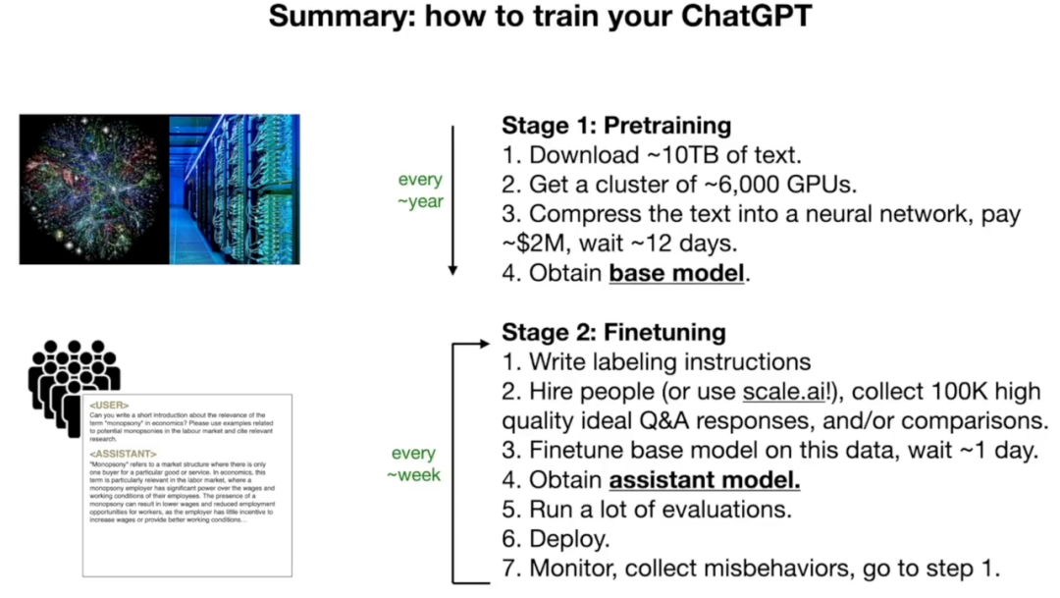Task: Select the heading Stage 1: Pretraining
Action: pos(616,126)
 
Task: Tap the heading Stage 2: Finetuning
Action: pos(613,332)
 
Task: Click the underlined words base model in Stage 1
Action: pos(677,273)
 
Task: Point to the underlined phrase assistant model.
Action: pos(705,481)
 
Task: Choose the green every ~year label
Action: pos(420,190)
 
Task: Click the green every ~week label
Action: pos(413,463)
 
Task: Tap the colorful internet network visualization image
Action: pos(94,190)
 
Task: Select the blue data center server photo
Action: pos(235,190)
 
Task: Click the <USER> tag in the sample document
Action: pos(109,405)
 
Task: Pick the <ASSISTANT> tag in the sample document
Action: pos(123,455)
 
